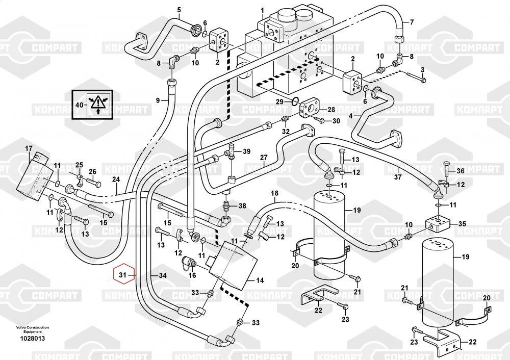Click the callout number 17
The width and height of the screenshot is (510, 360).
pos(29,148)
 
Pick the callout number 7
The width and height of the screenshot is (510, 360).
pos(412,22)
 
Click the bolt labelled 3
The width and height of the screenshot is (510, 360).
pos(415,78)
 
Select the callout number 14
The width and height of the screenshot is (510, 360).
pos(260,280)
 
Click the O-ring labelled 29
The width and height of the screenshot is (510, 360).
pos(294,101)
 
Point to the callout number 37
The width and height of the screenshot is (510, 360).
pos(398,177)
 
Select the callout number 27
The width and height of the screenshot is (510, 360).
pos(264,158)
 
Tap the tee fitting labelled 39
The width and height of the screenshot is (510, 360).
pos(231,151)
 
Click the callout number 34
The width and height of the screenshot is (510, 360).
pos(162,275)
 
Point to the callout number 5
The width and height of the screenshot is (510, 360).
pos(179,10)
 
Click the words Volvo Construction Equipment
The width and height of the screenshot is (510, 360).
pos(33,329)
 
